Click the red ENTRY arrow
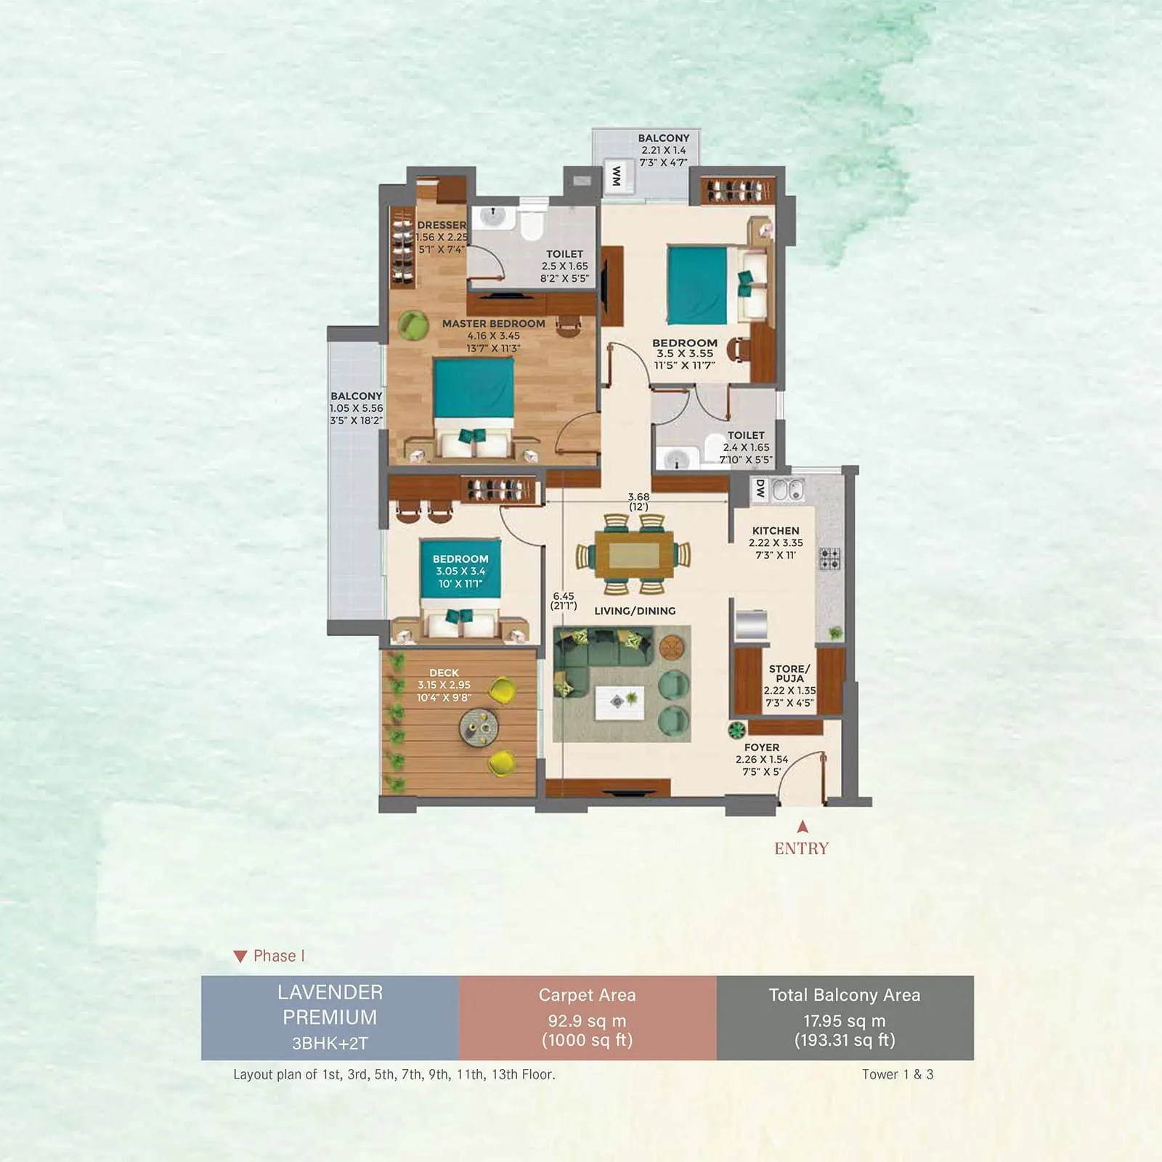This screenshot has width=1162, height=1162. (803, 826)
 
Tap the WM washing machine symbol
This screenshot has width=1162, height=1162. (617, 176)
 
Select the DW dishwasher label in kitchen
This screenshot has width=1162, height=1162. (760, 489)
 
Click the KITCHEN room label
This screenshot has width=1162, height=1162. (776, 531)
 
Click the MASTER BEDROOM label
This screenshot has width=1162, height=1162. (493, 324)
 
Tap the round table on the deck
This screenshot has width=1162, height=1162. (479, 727)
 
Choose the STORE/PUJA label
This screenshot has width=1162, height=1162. (789, 673)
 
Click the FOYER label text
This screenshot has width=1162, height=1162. (761, 747)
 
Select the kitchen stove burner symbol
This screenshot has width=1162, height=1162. (829, 558)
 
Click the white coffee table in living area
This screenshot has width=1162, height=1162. (619, 702)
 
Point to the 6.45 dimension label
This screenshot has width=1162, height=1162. (564, 596)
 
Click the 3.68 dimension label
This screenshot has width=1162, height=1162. (638, 497)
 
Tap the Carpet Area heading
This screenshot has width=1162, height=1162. (587, 995)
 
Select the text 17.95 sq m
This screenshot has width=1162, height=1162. (844, 1020)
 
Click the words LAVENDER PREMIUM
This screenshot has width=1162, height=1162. (330, 1004)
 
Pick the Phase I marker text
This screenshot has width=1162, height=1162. (278, 956)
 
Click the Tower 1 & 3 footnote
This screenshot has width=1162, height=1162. (897, 1074)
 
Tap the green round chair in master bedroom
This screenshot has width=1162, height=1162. (413, 324)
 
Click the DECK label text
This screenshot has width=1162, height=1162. (444, 673)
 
